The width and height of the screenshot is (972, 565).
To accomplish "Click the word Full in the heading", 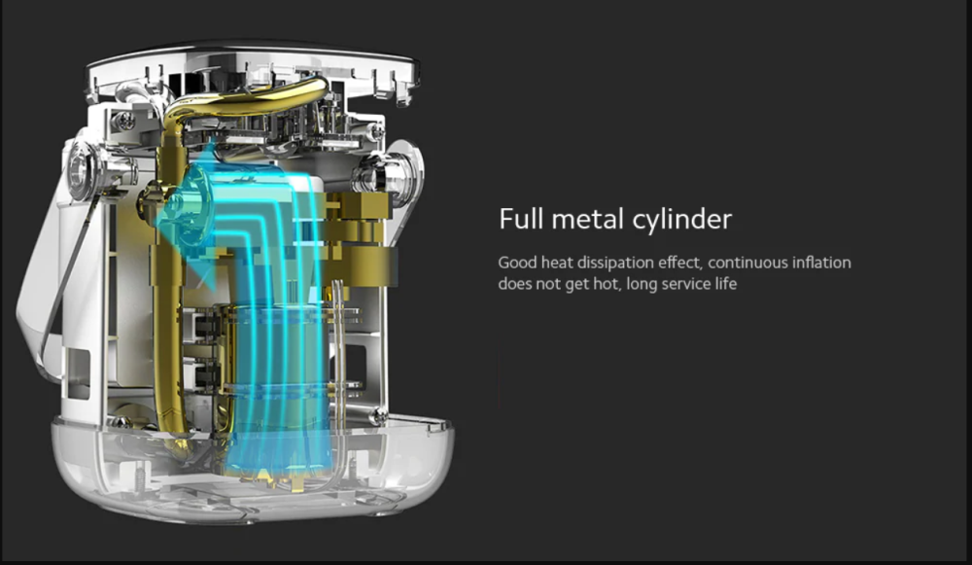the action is [521, 219].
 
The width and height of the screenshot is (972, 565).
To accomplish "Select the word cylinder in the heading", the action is [682, 220].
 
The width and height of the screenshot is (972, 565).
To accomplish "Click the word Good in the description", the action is [517, 263].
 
